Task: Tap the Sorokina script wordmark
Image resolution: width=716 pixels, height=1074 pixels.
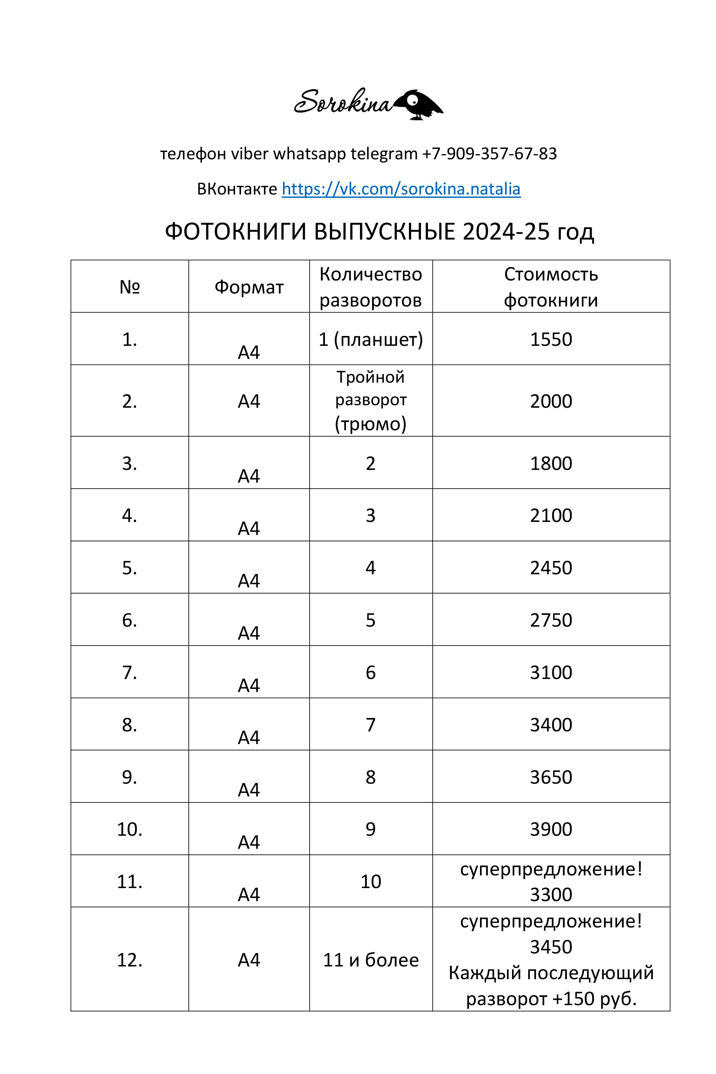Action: (343, 102)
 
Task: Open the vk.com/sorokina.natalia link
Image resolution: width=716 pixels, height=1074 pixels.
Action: (401, 188)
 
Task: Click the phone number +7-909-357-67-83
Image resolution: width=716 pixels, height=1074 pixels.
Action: (489, 154)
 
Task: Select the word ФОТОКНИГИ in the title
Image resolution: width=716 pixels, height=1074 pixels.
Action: (235, 232)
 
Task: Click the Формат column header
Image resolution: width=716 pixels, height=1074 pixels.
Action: (249, 287)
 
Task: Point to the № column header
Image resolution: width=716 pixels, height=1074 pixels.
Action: (130, 287)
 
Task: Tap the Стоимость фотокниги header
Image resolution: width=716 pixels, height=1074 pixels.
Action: (551, 287)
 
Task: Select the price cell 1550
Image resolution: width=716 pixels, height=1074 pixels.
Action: (551, 339)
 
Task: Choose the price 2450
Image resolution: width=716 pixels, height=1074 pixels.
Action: (551, 568)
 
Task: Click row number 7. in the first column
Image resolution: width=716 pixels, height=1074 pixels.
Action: (130, 672)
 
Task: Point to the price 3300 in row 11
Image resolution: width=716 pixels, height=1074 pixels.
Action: (551, 894)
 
